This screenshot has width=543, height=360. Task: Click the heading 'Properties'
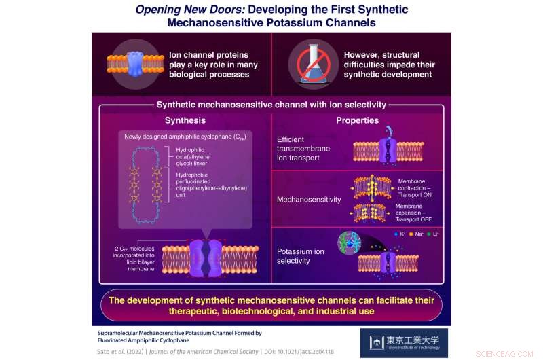(357, 120)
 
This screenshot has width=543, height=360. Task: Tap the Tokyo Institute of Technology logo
(404, 342)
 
